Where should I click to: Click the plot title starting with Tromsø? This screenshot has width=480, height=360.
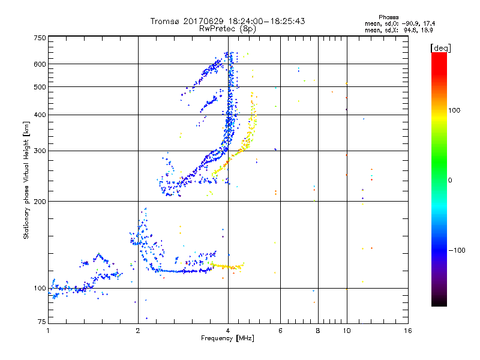pyautogui.click(x=227, y=21)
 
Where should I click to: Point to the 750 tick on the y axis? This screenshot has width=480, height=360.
pyautogui.click(x=40, y=38)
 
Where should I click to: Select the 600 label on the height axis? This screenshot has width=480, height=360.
pyautogui.click(x=40, y=64)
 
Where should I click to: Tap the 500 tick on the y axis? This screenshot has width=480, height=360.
pyautogui.click(x=40, y=87)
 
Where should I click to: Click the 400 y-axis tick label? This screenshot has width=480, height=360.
pyautogui.click(x=40, y=115)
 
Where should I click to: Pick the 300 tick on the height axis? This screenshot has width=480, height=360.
pyautogui.click(x=40, y=151)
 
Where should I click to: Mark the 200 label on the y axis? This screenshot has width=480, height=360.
pyautogui.click(x=40, y=201)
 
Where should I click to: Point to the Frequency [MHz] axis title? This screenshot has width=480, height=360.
pyautogui.click(x=227, y=339)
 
